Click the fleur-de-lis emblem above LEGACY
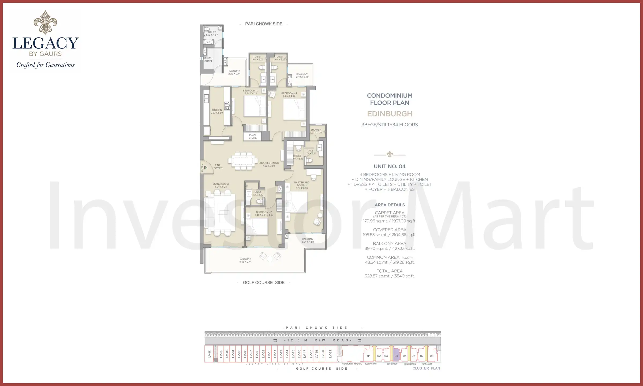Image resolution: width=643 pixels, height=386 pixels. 45,22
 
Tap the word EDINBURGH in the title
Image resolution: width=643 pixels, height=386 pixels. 390,114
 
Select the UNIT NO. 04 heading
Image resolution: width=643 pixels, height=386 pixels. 390,166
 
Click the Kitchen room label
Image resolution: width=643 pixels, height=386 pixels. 216,110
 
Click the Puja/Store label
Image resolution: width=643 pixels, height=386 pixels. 252,136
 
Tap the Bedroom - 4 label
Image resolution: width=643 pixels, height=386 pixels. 289,93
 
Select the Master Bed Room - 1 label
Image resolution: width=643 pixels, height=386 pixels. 301,184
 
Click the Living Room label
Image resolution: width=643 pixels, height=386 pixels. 221,184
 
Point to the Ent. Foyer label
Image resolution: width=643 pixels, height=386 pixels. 218,167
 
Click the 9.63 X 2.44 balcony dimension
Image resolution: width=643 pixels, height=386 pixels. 245,262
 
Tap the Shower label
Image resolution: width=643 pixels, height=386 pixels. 316,130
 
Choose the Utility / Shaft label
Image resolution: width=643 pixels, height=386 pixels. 208,60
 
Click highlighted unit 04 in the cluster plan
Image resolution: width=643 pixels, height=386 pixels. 396,356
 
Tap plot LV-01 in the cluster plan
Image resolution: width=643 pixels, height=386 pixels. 209,354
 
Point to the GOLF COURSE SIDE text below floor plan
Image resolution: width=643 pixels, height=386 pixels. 264,283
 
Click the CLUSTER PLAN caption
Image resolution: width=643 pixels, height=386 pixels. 426,369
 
